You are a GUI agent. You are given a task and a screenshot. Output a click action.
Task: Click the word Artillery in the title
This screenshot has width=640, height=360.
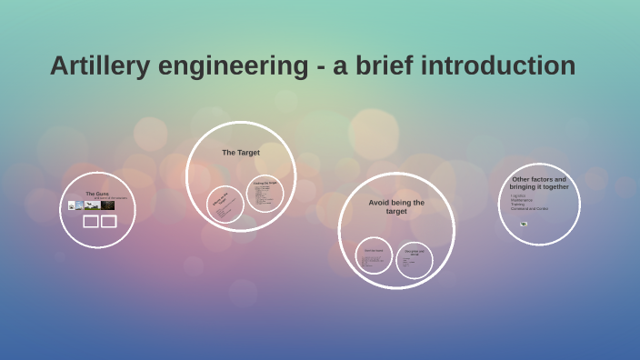click(99, 66)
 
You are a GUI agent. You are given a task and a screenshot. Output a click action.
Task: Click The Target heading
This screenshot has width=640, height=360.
click(241, 153)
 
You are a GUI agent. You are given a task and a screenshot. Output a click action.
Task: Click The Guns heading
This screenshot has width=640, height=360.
click(97, 194)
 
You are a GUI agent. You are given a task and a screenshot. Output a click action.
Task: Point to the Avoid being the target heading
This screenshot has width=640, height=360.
click(396, 206)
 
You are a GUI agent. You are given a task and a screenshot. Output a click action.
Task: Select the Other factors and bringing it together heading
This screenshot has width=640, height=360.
click(539, 183)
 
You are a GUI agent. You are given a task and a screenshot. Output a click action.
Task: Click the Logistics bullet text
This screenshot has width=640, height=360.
click(517, 195)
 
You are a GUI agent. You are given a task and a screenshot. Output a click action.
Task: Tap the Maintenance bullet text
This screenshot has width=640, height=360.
click(522, 200)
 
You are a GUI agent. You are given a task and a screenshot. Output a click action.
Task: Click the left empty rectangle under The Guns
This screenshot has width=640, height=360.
click(91, 222)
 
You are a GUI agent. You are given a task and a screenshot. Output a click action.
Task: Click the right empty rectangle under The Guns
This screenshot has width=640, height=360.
click(108, 222)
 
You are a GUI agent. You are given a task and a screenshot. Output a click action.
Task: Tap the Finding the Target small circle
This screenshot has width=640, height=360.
click(265, 193)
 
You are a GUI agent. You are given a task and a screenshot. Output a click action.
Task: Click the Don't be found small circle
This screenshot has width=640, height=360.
click(374, 256)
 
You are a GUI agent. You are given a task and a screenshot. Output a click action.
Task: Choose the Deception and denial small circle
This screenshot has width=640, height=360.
click(414, 260)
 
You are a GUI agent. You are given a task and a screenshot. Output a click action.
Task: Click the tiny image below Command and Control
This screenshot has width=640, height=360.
click(524, 224)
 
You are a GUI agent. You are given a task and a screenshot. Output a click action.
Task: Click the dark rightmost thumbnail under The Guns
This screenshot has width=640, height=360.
click(107, 205)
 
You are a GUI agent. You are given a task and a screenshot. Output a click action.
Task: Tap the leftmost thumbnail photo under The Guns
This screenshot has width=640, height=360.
click(71, 205)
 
